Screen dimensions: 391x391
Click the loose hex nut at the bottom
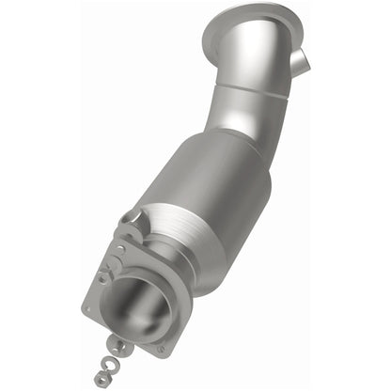[x=101, y=378]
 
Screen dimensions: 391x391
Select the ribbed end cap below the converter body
[x=179, y=240]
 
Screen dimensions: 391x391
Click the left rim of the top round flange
[x=209, y=36]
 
